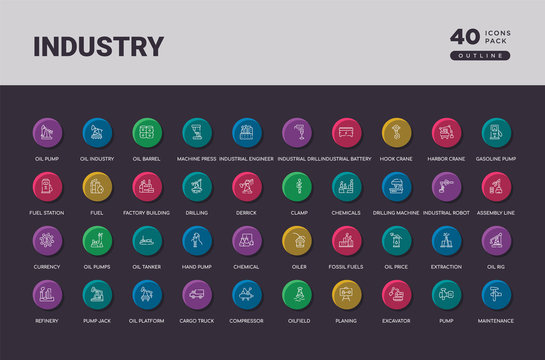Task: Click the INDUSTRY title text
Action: [98, 46]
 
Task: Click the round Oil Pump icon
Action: [47, 132]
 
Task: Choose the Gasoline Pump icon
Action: [496, 132]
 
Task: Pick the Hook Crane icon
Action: [396, 132]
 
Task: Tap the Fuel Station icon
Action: [47, 186]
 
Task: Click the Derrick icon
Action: [246, 186]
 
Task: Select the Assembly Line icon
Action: [496, 186]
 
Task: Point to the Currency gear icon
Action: [47, 240]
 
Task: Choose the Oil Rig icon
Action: [496, 240]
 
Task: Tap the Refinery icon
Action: [47, 294]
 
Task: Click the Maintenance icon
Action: [496, 294]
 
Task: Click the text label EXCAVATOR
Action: [396, 321]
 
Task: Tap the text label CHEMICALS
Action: [346, 213]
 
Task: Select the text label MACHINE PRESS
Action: [197, 159]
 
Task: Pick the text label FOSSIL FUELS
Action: [346, 267]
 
